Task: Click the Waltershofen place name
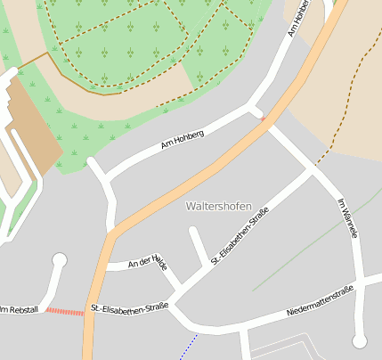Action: pyautogui.click(x=218, y=206)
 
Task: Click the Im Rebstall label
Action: pyautogui.click(x=19, y=309)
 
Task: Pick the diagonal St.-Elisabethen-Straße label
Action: pyautogui.click(x=240, y=236)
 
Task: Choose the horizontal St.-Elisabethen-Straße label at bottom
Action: pyautogui.click(x=130, y=308)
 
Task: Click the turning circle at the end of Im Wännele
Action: pyautogui.click(x=360, y=340)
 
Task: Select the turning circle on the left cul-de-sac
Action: pyautogui.click(x=60, y=260)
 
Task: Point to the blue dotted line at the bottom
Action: pyautogui.click(x=187, y=347)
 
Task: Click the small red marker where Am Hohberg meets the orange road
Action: pyautogui.click(x=262, y=115)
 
